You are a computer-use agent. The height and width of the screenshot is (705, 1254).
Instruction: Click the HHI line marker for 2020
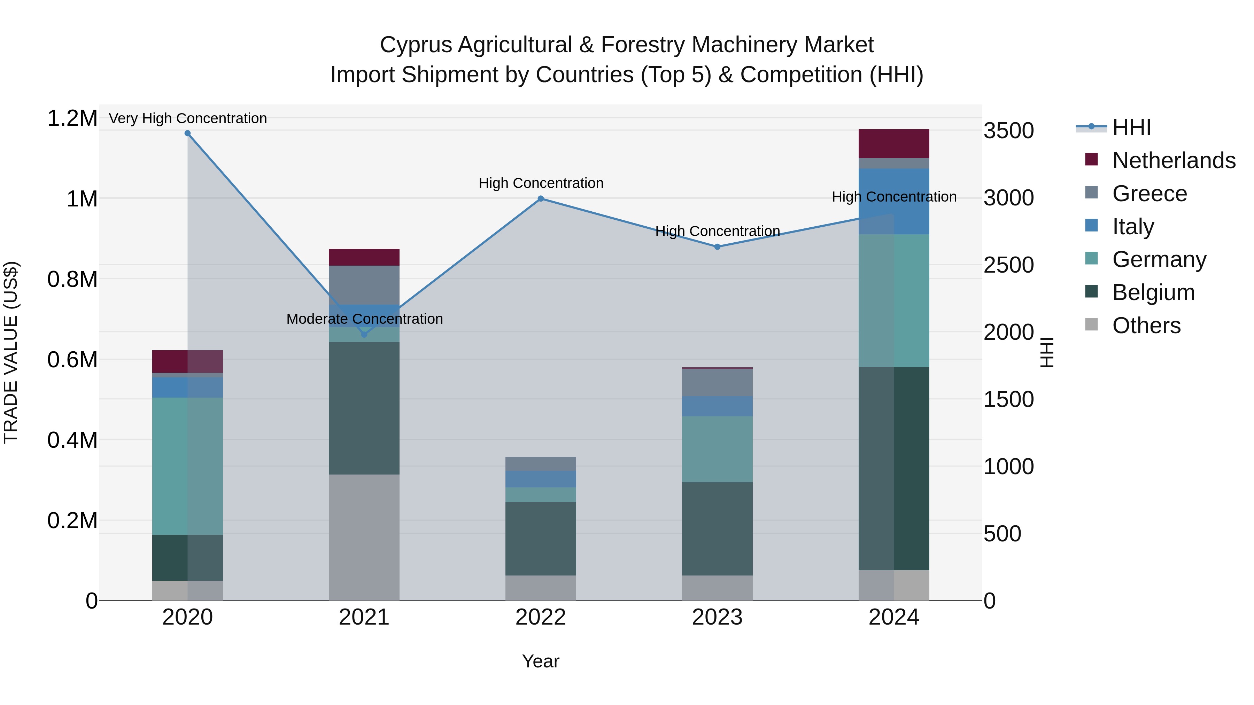[187, 133]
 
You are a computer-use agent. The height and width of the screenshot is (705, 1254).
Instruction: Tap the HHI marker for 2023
[717, 247]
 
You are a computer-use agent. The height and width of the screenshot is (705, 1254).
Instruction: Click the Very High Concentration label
[187, 118]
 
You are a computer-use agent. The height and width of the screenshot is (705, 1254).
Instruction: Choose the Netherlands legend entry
[1173, 160]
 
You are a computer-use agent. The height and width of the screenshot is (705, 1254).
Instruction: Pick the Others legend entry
[1146, 326]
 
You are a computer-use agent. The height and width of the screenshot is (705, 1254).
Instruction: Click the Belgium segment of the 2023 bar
[717, 528]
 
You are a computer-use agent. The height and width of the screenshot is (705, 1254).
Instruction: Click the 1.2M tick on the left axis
[72, 118]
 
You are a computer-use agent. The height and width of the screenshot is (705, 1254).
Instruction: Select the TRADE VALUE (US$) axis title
[11, 352]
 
